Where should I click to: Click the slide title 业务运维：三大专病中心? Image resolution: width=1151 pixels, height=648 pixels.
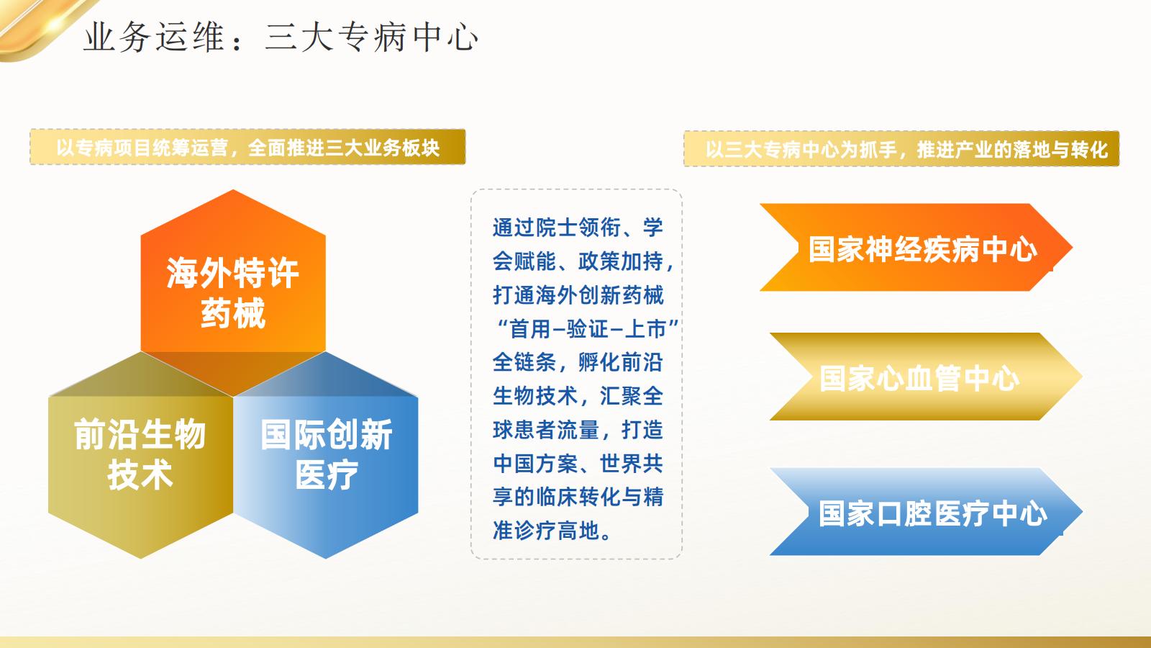pos(281,37)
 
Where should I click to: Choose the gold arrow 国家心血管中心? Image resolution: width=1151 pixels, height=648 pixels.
pos(919,377)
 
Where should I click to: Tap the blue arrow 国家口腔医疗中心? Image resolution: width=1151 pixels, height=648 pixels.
pos(932,513)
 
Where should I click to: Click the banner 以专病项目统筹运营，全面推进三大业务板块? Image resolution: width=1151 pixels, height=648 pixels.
pos(247,148)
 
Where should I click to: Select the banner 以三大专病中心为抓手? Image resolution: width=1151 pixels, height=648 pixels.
pos(901,149)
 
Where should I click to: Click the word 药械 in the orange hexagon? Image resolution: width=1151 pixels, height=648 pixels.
pos(232,313)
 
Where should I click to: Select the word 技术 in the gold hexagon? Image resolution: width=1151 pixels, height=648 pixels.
pos(140,475)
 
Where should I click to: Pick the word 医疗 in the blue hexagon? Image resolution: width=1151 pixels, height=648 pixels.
pos(326,475)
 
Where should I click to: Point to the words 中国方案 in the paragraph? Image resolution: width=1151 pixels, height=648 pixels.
pos(535,464)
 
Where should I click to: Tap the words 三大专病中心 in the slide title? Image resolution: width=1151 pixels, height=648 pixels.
pos(371,37)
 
